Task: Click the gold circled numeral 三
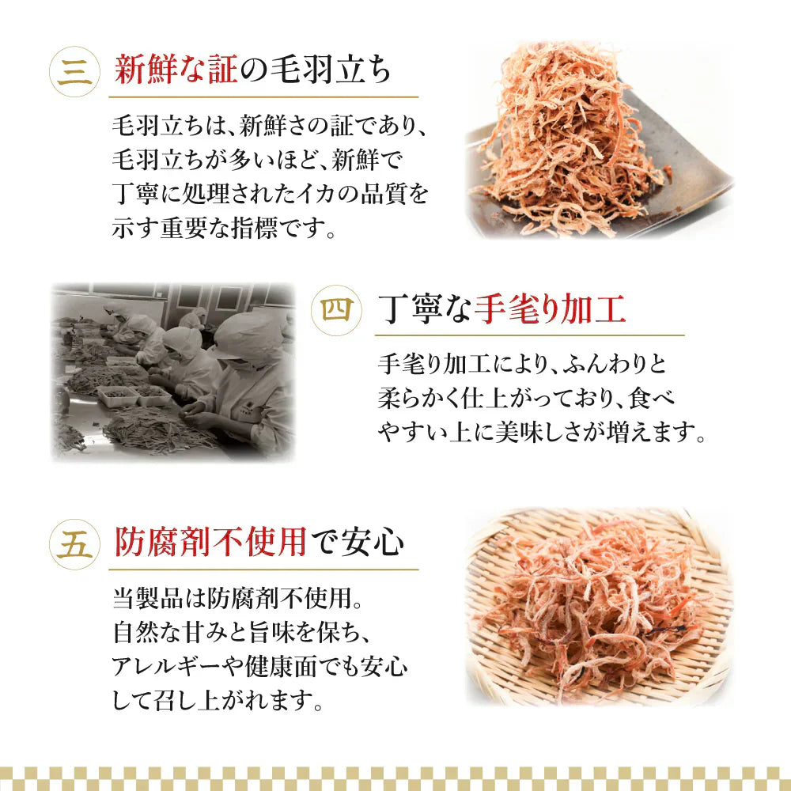[x=75, y=72]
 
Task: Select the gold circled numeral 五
[x=75, y=545]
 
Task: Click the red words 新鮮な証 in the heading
[x=176, y=71]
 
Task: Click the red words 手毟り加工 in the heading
[x=549, y=309]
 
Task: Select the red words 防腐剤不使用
[x=210, y=543]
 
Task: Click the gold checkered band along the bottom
[x=395, y=777]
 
